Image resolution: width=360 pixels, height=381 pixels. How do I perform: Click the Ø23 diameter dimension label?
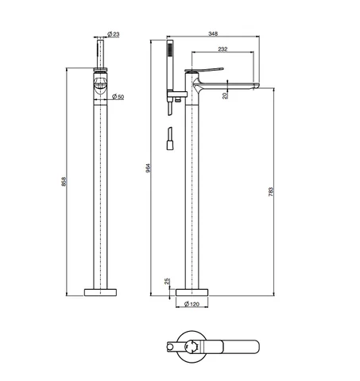pyautogui.click(x=114, y=34)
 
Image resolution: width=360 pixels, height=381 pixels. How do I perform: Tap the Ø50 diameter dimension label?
pyautogui.click(x=118, y=97)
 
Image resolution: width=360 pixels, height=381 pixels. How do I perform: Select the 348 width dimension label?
pyautogui.click(x=213, y=33)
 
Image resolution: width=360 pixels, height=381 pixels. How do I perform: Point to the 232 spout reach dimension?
pyautogui.click(x=223, y=49)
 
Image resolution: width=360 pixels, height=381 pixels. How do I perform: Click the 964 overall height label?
pyautogui.click(x=149, y=168)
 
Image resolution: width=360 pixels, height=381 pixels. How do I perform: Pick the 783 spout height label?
pyautogui.click(x=271, y=192)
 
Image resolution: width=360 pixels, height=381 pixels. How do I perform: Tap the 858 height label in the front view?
pyautogui.click(x=64, y=182)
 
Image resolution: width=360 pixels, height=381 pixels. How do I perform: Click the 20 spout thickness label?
pyautogui.click(x=225, y=95)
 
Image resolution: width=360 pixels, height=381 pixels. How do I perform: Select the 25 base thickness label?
pyautogui.click(x=167, y=281)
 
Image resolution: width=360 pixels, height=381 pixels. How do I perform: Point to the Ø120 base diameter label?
pyautogui.click(x=192, y=304)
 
